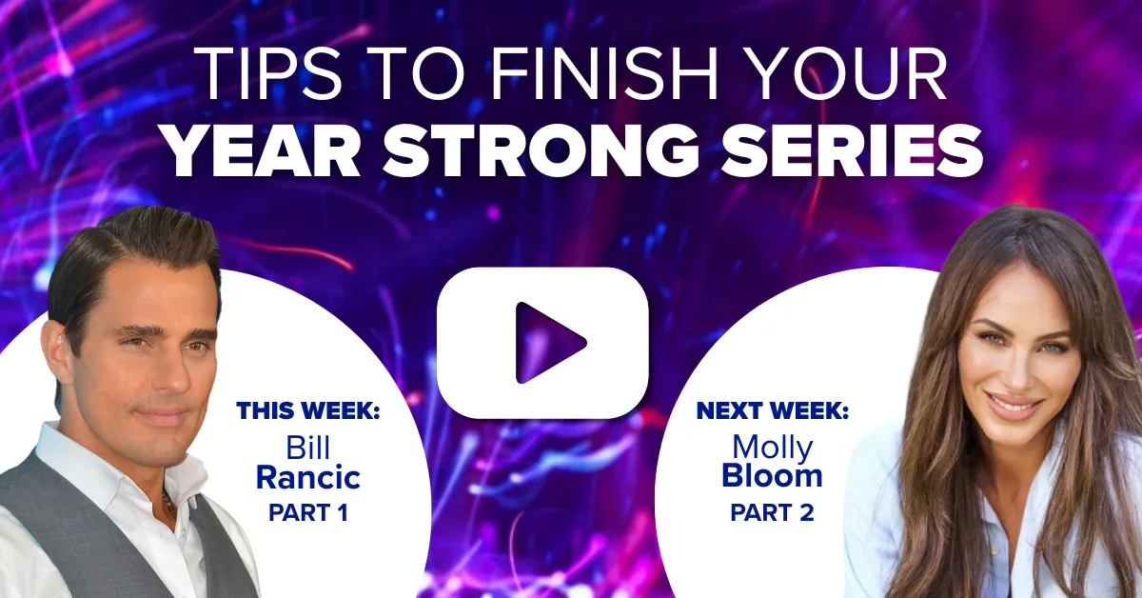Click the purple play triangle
[x=548, y=343]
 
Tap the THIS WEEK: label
[x=308, y=410]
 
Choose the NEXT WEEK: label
[x=773, y=410]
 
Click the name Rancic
[x=308, y=478]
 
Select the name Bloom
[x=772, y=475]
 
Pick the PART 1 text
[x=308, y=513]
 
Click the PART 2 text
[x=772, y=513]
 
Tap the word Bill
[x=308, y=448]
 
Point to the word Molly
[x=773, y=448]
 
